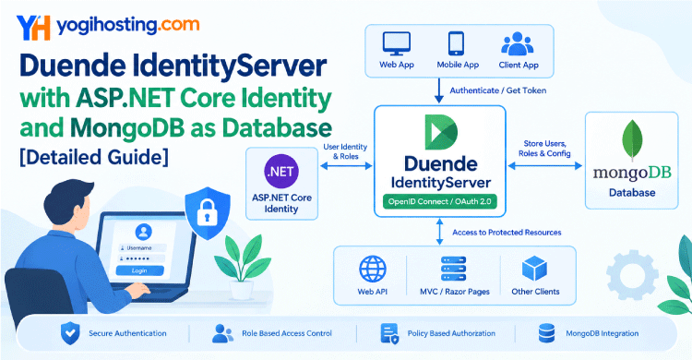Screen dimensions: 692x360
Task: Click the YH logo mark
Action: click(33, 28)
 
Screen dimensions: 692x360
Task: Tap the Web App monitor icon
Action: click(397, 43)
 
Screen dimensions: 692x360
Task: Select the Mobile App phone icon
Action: click(456, 43)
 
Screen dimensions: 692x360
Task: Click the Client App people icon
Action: click(518, 43)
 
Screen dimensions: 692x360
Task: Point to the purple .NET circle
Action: click(281, 171)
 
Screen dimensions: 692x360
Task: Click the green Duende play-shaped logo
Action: click(441, 132)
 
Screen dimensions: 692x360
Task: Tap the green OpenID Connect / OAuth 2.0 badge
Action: click(439, 201)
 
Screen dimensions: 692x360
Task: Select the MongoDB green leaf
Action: click(632, 140)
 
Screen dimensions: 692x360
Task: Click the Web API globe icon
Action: click(373, 269)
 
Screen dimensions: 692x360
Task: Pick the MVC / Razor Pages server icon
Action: click(453, 269)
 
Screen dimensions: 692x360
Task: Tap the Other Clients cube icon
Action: click(534, 269)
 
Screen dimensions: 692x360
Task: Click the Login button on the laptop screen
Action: click(139, 270)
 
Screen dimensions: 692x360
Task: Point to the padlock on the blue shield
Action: click(207, 213)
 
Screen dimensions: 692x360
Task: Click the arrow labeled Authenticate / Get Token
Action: click(438, 91)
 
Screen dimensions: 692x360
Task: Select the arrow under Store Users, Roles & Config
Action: click(544, 166)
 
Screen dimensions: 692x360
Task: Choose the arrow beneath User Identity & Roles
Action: click(346, 166)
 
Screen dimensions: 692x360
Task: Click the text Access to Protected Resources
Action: click(507, 233)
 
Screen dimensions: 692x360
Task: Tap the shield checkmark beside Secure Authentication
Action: click(70, 333)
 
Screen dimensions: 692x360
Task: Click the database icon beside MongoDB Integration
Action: click(546, 333)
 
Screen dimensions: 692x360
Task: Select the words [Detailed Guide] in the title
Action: click(93, 157)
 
